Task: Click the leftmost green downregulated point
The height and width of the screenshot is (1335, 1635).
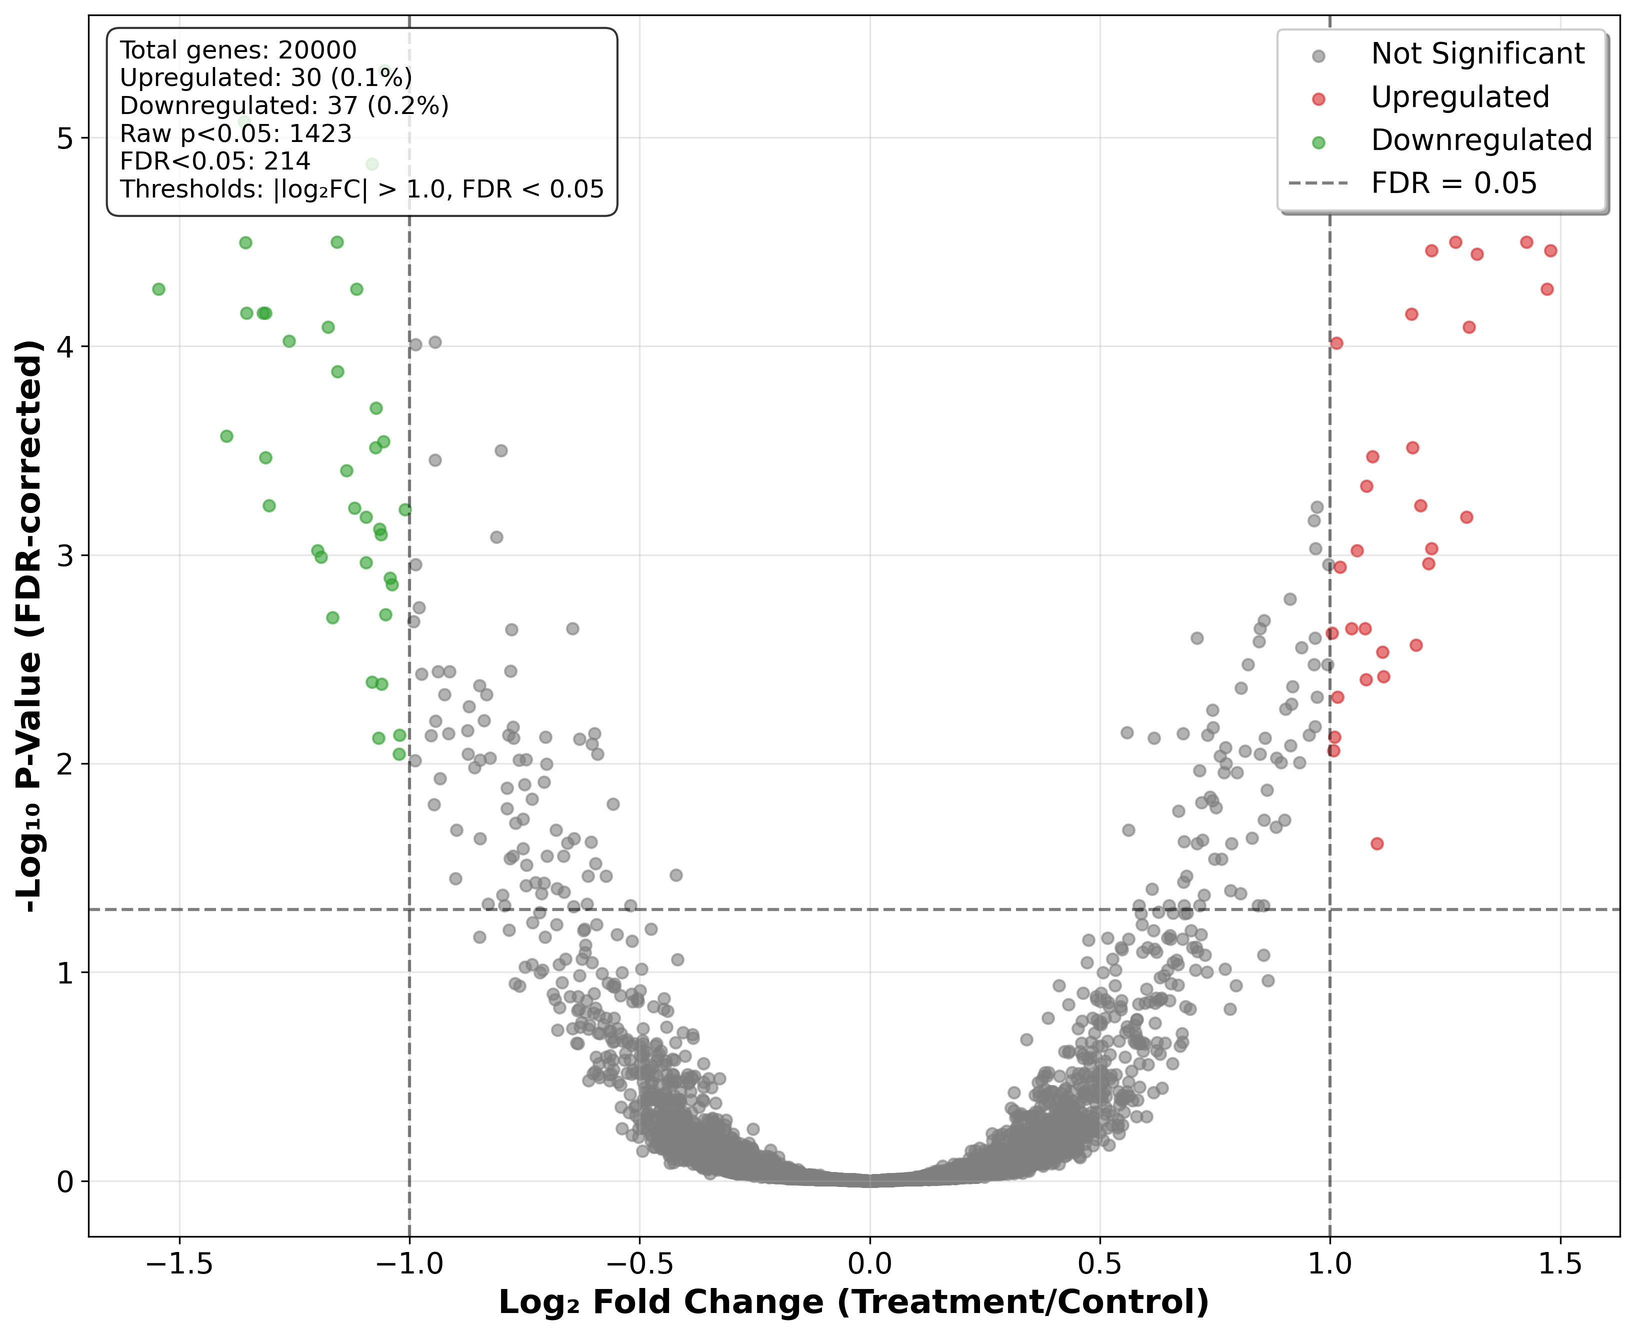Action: (158, 289)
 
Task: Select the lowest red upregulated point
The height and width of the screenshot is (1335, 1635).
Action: (1376, 843)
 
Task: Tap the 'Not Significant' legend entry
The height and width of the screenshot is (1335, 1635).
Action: (1476, 54)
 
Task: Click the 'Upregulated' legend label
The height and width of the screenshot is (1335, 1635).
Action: (1459, 97)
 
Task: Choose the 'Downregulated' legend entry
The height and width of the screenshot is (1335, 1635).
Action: (1480, 140)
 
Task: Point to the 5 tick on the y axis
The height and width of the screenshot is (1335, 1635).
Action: (64, 138)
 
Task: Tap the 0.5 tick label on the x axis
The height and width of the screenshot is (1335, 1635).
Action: (1099, 1264)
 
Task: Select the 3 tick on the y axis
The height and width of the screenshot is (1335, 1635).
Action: (64, 555)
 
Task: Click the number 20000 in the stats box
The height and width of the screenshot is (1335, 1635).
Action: (317, 51)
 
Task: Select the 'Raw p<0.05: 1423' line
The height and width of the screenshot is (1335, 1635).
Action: (235, 134)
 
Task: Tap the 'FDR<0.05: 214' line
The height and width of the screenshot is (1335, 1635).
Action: (215, 161)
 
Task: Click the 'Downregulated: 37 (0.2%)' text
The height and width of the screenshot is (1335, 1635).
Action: (284, 106)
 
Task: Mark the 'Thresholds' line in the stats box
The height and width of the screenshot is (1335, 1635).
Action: (361, 189)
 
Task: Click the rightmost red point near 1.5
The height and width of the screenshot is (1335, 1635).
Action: (1550, 250)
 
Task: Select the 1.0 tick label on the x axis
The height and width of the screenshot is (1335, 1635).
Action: (1329, 1264)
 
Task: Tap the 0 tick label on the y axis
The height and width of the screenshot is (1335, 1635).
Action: (64, 1181)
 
